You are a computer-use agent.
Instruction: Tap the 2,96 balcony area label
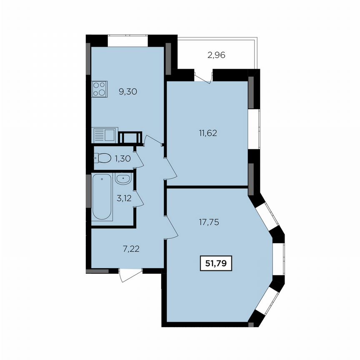pos(216,55)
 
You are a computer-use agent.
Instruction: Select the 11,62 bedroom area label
pos(209,134)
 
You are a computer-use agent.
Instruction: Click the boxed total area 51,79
pos(216,263)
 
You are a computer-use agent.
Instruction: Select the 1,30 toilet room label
pos(122,159)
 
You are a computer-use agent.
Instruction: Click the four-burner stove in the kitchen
pos(100,88)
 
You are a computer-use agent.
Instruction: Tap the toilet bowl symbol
pos(102,158)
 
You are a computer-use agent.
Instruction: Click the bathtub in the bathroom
pos(102,198)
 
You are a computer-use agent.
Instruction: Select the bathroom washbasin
pos(124,180)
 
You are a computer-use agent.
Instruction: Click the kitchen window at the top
pos(127,40)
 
